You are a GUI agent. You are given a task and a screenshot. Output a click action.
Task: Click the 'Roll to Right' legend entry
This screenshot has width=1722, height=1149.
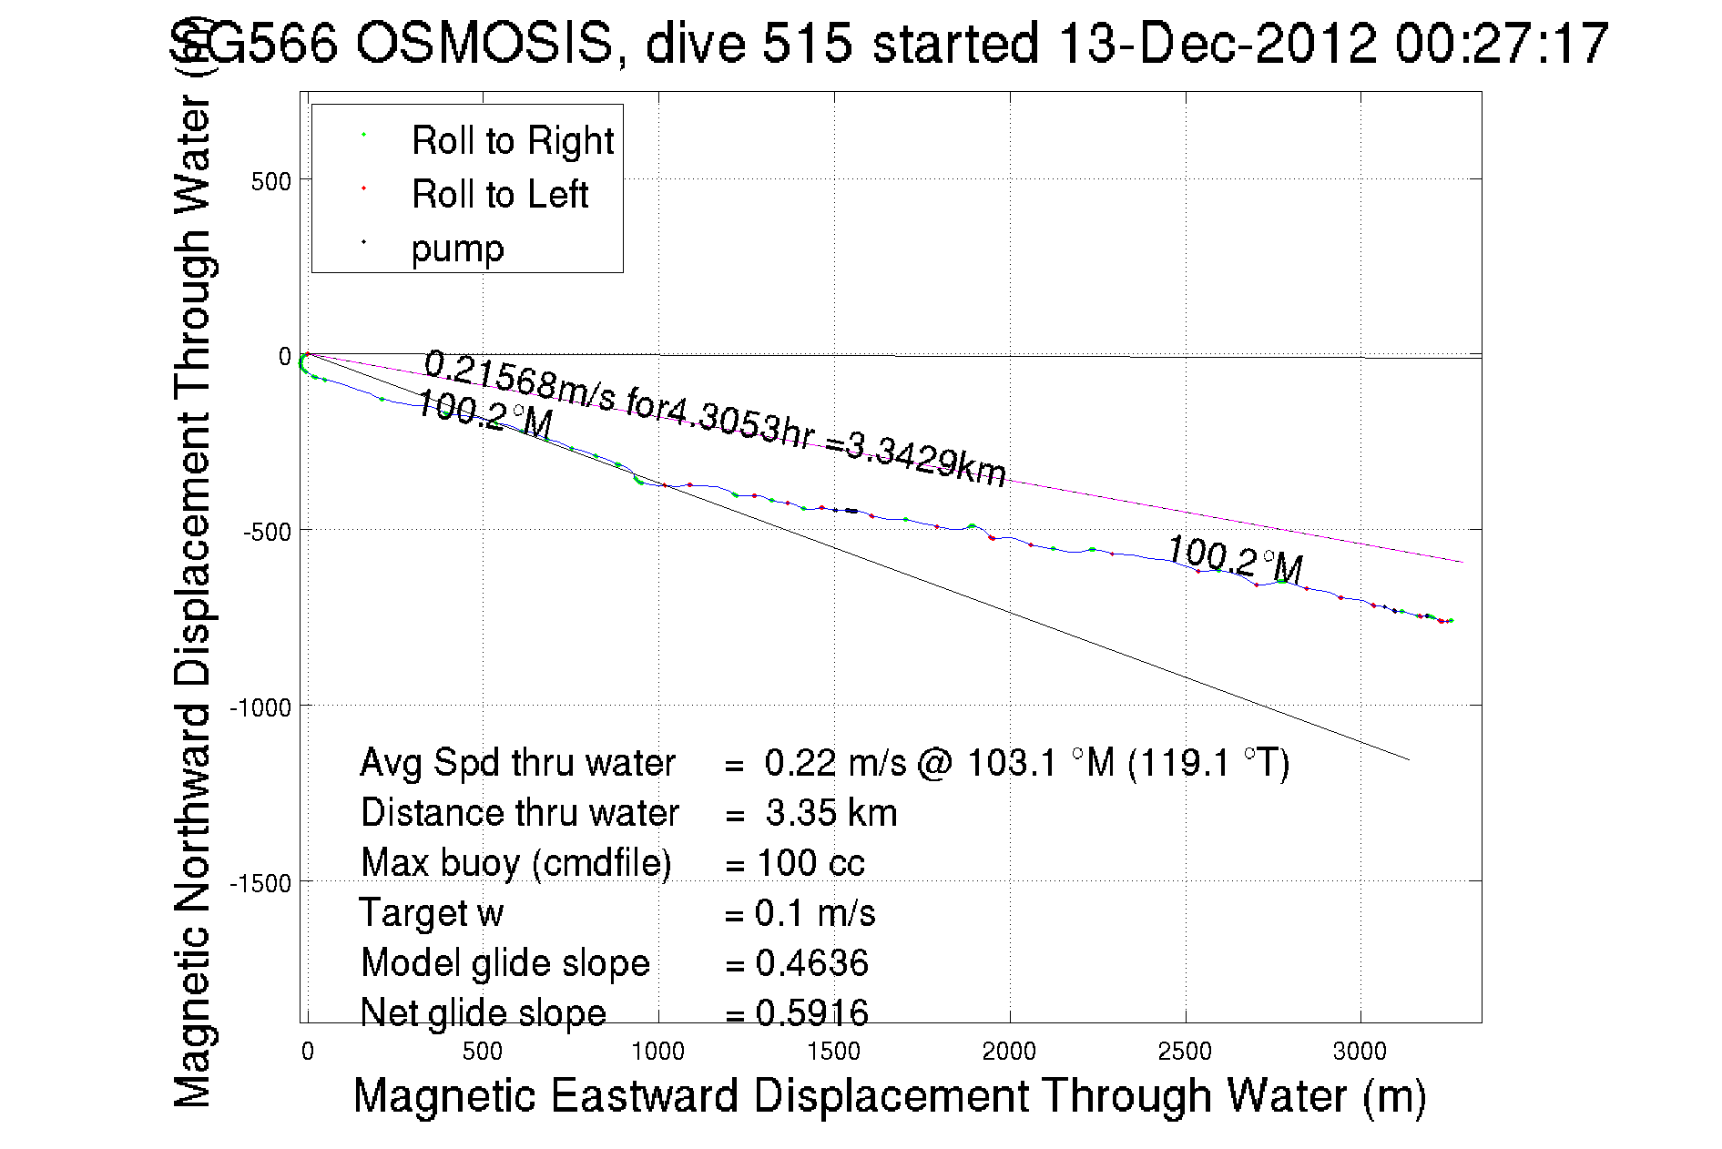point(512,141)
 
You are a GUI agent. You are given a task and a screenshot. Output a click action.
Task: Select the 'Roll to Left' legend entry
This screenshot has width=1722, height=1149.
point(499,195)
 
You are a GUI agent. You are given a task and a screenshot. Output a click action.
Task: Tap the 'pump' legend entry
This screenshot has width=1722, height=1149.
point(457,249)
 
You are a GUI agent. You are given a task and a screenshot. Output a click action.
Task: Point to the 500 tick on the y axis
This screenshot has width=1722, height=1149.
point(270,181)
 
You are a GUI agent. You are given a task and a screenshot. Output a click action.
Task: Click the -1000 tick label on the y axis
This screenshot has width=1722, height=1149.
point(260,707)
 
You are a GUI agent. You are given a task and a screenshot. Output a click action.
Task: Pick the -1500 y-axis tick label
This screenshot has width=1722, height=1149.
point(260,883)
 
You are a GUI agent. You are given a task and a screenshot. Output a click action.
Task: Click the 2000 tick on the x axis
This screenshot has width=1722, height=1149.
point(1009,1052)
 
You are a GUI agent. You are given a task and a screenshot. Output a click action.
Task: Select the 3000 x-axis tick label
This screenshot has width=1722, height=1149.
point(1360,1052)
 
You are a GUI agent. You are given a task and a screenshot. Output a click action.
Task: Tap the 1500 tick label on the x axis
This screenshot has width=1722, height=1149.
point(833,1052)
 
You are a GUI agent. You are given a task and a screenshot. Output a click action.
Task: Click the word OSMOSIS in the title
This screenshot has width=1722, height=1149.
point(484,43)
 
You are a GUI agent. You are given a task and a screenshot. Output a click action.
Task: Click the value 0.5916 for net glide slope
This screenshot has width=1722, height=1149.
point(811,1012)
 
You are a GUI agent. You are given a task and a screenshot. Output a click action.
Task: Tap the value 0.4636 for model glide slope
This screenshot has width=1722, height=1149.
point(811,963)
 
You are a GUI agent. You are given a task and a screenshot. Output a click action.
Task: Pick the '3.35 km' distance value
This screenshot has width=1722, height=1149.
point(830,813)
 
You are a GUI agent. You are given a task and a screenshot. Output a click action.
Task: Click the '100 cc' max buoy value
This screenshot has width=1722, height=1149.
point(810,863)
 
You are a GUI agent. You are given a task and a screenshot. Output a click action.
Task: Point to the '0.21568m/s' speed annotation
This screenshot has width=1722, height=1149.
point(518,380)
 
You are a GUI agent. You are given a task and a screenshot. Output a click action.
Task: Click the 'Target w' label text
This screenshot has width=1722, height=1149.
point(431,913)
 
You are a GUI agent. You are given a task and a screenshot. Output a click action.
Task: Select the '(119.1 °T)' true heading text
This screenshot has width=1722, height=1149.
point(1208,763)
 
